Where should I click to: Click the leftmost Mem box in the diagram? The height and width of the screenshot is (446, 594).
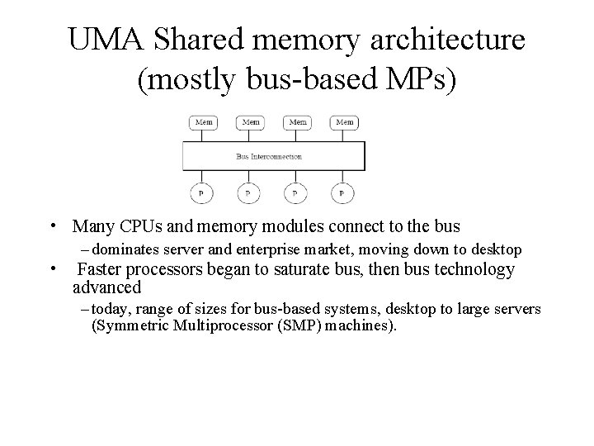(x=204, y=122)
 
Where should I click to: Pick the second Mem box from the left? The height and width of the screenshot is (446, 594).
(x=251, y=122)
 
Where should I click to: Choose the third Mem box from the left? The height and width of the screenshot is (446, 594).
(x=298, y=122)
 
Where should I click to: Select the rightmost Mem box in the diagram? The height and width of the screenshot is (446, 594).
(x=345, y=122)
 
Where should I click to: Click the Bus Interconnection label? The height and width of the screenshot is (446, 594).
(x=269, y=156)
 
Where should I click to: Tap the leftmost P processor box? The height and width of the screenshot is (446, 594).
(x=200, y=192)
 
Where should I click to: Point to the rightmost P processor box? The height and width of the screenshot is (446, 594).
(x=342, y=192)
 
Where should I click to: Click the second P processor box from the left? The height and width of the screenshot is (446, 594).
(x=247, y=192)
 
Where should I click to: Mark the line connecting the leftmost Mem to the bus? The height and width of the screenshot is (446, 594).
(x=203, y=135)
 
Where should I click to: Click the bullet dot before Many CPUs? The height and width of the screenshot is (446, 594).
(x=52, y=226)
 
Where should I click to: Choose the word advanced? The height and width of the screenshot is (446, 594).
(x=107, y=287)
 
